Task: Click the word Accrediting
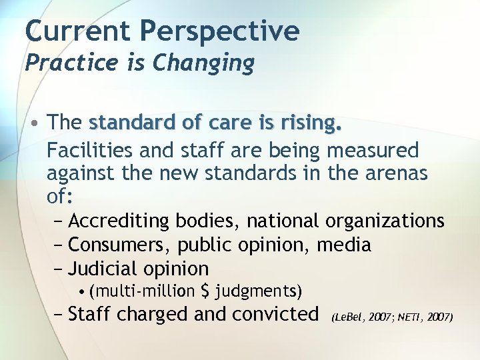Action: pos(120,221)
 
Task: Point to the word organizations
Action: pos(385,221)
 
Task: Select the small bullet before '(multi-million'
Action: pos(81,292)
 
